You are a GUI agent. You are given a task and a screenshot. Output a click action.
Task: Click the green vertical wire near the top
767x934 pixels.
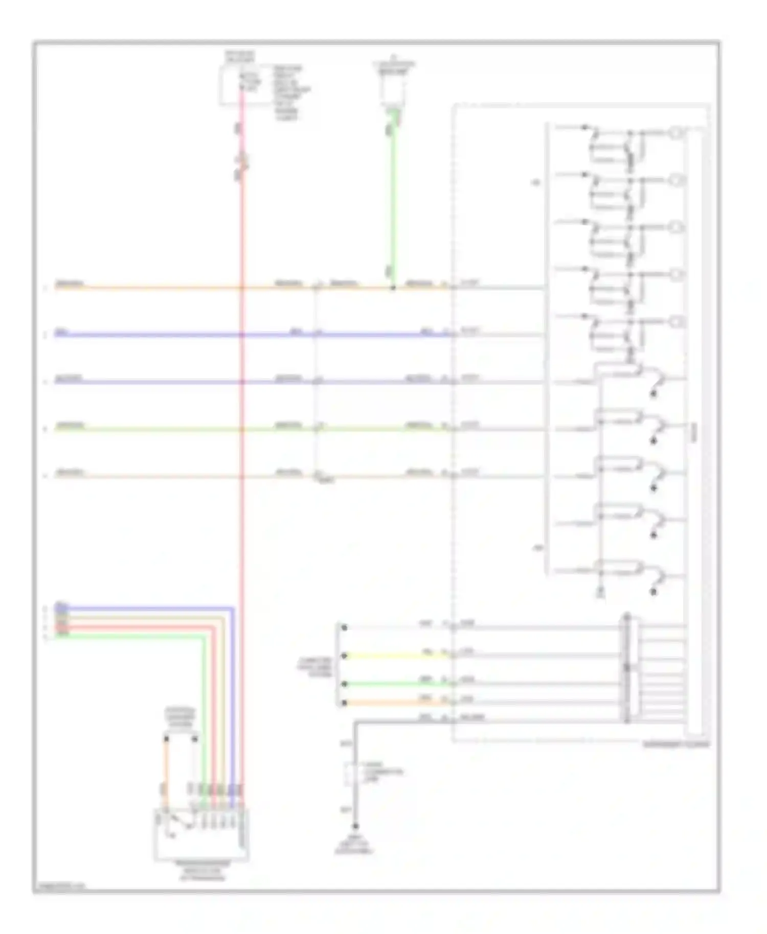(x=393, y=204)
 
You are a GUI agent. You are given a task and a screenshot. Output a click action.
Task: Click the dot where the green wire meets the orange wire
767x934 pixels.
(x=393, y=288)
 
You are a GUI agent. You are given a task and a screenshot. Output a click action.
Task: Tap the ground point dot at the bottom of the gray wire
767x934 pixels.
(x=355, y=826)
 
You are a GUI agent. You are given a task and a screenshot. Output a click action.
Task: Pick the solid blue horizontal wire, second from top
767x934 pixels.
(x=153, y=335)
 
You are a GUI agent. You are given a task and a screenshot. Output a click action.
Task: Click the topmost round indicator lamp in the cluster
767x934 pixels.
(x=677, y=133)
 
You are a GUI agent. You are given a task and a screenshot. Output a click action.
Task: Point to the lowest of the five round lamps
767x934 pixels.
(x=677, y=322)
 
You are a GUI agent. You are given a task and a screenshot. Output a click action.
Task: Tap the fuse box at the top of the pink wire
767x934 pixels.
(x=240, y=85)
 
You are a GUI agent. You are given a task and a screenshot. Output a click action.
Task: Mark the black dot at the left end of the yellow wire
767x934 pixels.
(x=344, y=656)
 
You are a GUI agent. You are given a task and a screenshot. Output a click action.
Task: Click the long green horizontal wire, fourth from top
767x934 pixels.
(x=153, y=429)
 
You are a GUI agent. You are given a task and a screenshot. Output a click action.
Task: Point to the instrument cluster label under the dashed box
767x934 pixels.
(x=676, y=744)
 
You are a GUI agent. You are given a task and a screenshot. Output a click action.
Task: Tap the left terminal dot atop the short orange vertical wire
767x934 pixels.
(x=166, y=738)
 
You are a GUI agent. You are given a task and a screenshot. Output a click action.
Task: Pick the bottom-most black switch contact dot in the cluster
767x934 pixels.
(x=653, y=592)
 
